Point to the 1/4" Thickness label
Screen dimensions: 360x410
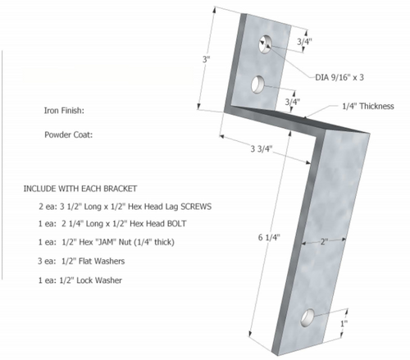point(364,107)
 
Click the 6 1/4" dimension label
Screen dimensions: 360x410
point(268,237)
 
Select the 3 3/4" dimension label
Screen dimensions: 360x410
point(262,149)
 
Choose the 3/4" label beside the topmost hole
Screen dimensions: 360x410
point(303,41)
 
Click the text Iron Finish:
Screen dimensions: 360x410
point(65,109)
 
